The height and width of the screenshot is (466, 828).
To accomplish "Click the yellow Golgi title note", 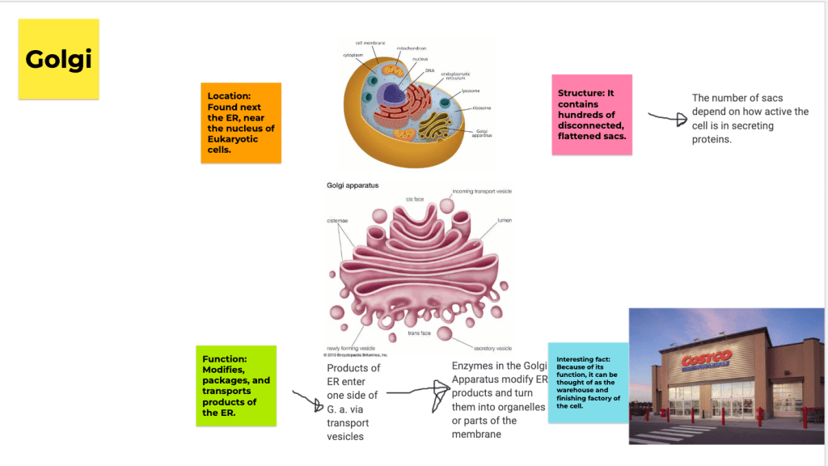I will point(58,59).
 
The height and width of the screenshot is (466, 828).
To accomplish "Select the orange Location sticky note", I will point(241,122).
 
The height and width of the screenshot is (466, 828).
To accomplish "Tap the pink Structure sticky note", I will point(591,115).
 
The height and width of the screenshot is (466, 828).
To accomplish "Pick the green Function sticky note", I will point(236,385).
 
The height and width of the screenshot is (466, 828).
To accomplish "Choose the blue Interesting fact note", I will point(588,382).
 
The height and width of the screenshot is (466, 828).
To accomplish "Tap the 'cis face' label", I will point(416,199).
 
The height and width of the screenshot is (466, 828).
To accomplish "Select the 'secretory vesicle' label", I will point(492,348).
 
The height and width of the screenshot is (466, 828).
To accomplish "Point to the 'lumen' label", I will point(504,219).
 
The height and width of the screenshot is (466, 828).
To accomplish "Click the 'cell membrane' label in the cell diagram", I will point(370,43).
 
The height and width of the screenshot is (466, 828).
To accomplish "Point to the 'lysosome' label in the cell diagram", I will point(471,91).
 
